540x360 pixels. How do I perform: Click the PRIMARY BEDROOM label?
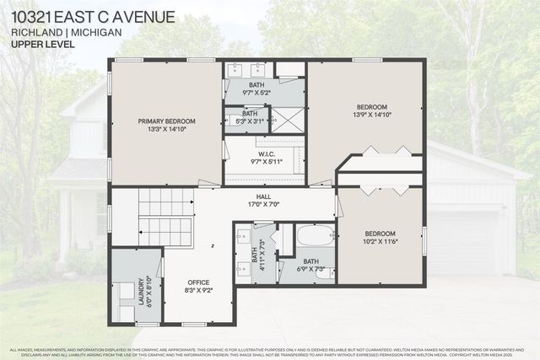tap(166, 121)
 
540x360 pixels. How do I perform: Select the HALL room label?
tap(263, 196)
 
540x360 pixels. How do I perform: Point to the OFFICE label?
tap(198, 282)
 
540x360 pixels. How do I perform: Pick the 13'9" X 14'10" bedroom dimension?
tap(371, 118)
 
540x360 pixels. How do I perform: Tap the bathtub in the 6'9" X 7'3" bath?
tap(316, 234)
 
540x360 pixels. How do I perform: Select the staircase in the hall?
tap(165, 217)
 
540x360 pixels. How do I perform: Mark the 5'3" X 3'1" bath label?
tap(250, 113)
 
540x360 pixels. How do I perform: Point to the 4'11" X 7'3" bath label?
tap(262, 254)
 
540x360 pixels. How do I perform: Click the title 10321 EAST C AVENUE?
tap(93, 17)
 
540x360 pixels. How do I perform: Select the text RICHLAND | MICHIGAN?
tap(67, 31)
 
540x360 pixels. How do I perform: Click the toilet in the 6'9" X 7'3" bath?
tap(325, 273)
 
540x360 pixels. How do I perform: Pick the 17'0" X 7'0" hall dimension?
tap(263, 205)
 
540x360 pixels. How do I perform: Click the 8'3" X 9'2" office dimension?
tap(198, 292)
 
